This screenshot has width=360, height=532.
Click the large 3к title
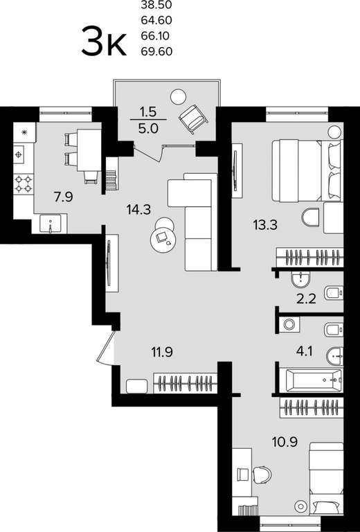point(104,42)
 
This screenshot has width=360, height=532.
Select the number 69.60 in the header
point(156,51)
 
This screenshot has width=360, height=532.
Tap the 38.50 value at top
point(156,5)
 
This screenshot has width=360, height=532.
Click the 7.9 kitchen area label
point(64,197)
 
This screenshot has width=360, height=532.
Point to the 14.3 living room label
point(138,210)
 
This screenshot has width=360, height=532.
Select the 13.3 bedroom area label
point(265,224)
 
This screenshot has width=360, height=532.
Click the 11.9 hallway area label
point(162,352)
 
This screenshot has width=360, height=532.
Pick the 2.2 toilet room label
point(306,299)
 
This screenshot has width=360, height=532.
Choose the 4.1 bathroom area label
point(304,351)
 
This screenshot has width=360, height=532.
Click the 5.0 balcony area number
point(148,129)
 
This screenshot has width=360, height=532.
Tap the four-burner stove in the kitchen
point(24,183)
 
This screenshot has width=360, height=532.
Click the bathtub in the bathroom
point(314,380)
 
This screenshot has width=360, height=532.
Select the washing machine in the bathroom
point(289,324)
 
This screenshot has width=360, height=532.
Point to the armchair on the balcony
point(193,118)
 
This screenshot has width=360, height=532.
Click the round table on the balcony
point(178,97)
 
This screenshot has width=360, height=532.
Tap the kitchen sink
point(50,224)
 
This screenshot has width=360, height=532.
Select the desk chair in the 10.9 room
point(262,475)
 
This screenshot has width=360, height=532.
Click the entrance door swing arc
point(105,349)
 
